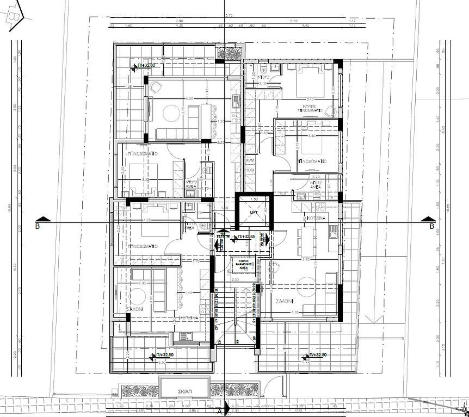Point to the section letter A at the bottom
click(220, 411)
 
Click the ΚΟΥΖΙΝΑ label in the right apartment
click(315, 217)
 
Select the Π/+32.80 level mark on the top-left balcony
click(146, 65)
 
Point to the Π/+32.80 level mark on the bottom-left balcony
click(164, 355)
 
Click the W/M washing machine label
click(250, 161)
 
